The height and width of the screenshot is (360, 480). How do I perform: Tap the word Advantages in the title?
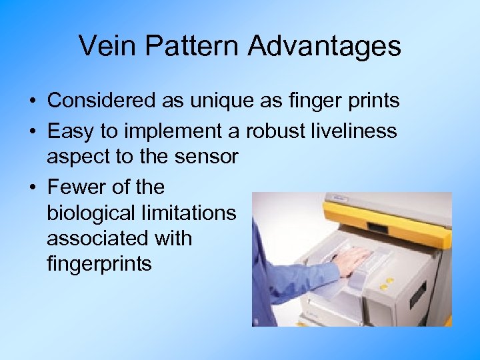point(325,47)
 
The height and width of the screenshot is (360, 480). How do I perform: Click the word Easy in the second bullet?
point(68,131)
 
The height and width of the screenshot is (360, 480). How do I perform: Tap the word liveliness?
point(355,131)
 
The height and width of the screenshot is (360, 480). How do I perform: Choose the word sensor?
point(206,157)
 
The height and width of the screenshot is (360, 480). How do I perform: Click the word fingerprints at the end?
point(99,264)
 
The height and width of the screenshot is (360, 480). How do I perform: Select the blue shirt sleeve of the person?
point(280,280)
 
